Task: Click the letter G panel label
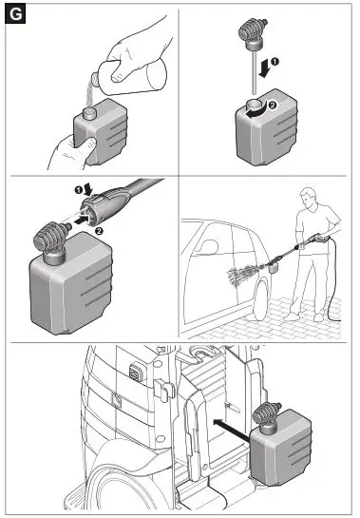15,14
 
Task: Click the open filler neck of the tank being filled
89,113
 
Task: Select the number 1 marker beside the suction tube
275,62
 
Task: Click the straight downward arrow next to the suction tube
265,67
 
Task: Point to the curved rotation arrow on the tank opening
258,110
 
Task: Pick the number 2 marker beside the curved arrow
273,106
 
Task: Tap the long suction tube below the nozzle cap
254,71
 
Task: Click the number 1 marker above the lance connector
78,190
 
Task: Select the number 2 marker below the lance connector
99,231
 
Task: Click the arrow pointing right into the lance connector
82,219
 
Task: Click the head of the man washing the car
308,198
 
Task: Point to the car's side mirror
210,247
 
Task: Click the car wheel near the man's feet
260,299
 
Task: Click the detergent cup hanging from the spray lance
274,267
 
